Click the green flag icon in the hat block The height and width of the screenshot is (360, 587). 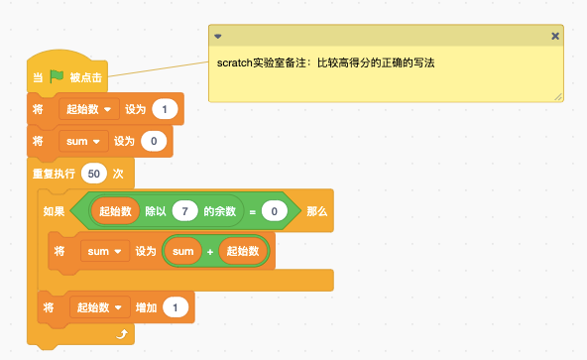tap(57, 76)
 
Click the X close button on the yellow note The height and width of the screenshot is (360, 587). tap(555, 36)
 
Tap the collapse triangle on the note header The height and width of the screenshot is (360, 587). tap(218, 37)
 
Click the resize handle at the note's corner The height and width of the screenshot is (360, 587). tap(558, 97)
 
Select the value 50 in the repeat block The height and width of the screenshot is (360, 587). tap(94, 174)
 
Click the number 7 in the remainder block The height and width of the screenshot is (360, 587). tap(185, 211)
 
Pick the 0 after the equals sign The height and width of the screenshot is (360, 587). tap(275, 211)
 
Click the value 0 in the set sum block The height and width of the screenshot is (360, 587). tap(154, 141)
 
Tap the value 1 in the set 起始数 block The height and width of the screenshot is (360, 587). tap(165, 109)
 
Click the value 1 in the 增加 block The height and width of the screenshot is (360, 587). tap(176, 307)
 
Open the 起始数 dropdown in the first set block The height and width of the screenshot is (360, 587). tap(89, 109)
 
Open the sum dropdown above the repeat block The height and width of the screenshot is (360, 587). tap(83, 141)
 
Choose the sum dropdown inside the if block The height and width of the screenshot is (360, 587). tap(105, 251)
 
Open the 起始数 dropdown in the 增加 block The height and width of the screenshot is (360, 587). tap(100, 307)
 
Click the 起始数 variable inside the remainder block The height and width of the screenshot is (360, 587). tap(115, 211)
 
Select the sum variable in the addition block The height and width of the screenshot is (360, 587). tap(183, 251)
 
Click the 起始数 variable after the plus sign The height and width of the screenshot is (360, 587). tap(243, 251)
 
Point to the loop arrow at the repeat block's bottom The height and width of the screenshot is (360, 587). tap(122, 334)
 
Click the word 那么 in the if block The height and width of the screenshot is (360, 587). tap(316, 211)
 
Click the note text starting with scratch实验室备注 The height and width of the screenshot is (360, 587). tap(325, 62)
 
